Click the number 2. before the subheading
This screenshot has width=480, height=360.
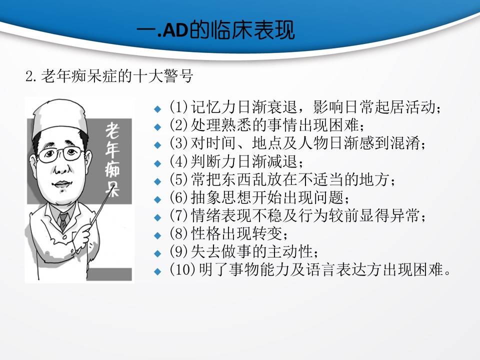(x=31, y=76)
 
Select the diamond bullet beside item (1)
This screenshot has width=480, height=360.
(x=157, y=108)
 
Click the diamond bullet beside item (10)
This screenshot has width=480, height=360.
(x=157, y=271)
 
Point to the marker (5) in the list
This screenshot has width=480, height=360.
(x=178, y=179)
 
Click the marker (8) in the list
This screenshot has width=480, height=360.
(x=178, y=234)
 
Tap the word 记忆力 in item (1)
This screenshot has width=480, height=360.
(x=213, y=107)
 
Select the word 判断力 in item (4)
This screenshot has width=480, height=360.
(x=213, y=161)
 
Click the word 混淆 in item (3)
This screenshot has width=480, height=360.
(x=405, y=143)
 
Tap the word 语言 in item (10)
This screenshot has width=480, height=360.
(x=320, y=269)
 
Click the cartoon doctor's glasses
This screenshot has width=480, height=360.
(x=60, y=154)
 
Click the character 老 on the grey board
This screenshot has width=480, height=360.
(x=112, y=130)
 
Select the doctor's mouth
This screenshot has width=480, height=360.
(x=61, y=184)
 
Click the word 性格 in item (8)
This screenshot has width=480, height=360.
(x=206, y=233)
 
